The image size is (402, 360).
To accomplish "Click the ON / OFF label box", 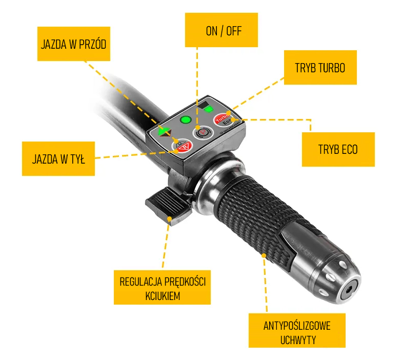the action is [222, 30].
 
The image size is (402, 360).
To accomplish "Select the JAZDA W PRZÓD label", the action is [74, 44].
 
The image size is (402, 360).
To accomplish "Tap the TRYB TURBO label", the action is [320, 68].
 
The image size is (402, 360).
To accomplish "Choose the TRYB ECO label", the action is [338, 150].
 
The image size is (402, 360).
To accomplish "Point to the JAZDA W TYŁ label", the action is [58, 159].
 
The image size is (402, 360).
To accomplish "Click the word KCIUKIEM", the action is [163, 296].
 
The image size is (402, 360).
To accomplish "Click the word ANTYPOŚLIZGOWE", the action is [297, 326].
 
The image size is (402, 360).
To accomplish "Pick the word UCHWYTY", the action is [298, 340].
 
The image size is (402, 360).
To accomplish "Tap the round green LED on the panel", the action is [186, 120].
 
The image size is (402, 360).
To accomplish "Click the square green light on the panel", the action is [209, 109].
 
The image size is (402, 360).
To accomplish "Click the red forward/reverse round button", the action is [183, 146].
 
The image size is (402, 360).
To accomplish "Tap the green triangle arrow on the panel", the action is [163, 131].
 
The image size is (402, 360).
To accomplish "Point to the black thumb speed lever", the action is [168, 206].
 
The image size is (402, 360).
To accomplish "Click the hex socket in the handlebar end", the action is [349, 290].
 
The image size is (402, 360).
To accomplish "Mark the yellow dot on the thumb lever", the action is [169, 218].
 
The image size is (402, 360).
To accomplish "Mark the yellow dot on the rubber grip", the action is [264, 255].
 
